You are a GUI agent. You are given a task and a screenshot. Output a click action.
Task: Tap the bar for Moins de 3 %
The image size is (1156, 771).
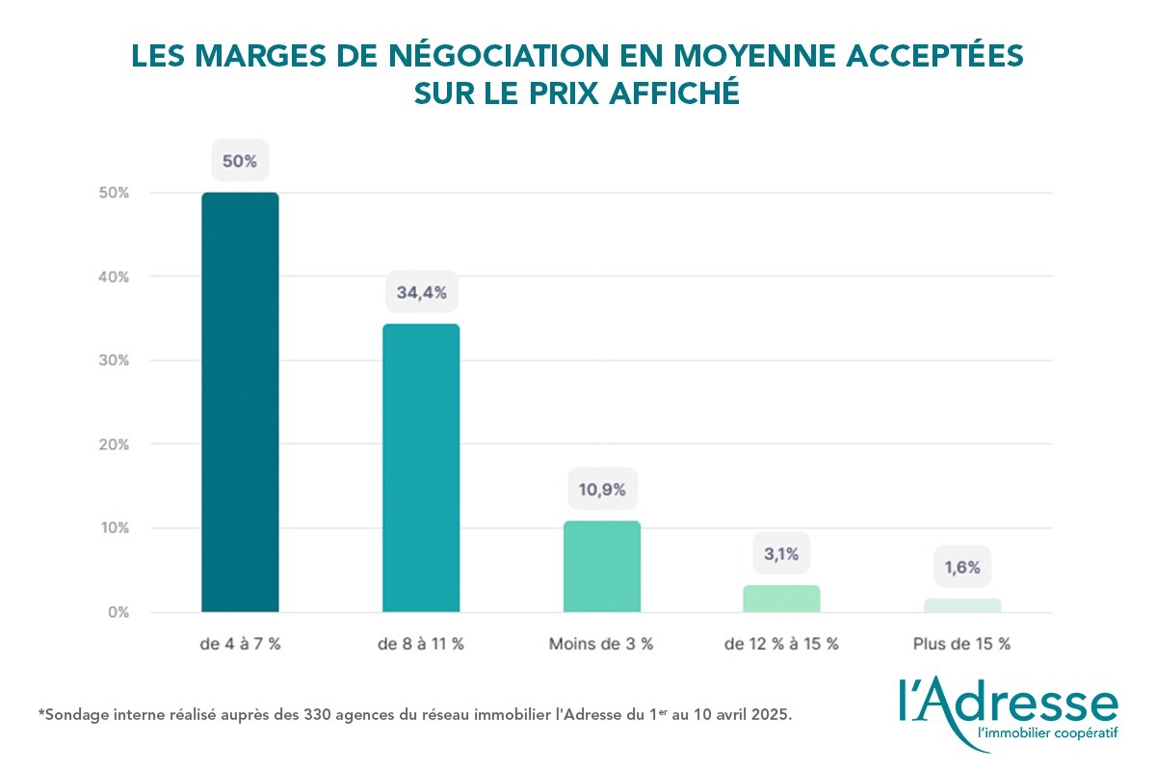coord(601,567)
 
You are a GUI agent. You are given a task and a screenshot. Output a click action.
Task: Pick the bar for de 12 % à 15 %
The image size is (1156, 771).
coord(781,598)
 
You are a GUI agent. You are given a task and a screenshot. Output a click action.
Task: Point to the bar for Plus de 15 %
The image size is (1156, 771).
coord(962,605)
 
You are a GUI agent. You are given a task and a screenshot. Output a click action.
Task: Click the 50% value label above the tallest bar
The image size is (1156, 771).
coord(240,161)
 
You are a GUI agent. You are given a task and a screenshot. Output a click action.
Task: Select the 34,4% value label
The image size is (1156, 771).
coord(421,292)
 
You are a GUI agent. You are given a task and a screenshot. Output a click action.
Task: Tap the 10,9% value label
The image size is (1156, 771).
coord(601,490)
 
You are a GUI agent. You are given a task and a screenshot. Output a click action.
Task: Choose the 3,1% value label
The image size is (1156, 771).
coord(781,554)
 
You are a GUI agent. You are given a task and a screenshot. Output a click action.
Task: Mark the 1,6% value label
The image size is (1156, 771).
coord(962,568)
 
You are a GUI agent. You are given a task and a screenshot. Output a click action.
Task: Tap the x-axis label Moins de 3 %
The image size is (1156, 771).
coord(601,644)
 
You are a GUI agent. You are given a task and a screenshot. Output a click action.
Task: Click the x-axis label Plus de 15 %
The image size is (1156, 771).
coord(962,644)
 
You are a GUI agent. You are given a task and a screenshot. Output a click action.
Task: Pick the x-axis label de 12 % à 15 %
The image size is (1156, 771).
coord(781,644)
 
